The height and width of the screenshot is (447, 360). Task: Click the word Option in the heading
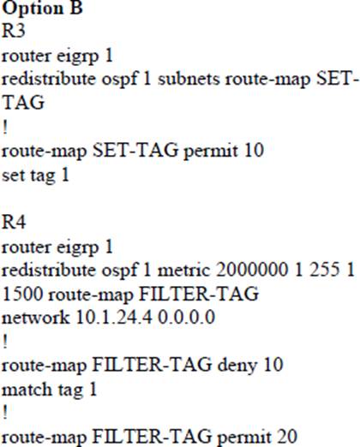point(33,8)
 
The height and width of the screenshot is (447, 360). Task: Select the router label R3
point(14,30)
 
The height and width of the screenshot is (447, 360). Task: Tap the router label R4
point(14,222)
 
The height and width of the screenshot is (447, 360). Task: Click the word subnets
point(189,78)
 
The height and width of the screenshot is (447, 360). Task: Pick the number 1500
point(22,293)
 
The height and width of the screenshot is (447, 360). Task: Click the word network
point(36,317)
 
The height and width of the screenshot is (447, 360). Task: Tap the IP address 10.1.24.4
point(114,317)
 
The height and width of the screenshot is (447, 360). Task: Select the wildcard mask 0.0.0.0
point(187,317)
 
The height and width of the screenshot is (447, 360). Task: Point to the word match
point(27,389)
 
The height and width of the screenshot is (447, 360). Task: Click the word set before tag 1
point(13,175)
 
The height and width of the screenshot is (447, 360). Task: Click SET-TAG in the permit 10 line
point(135,150)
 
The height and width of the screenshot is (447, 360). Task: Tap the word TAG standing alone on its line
point(23,102)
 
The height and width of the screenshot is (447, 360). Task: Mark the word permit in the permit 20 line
point(244,438)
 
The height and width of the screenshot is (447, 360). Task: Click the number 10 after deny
point(273,365)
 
